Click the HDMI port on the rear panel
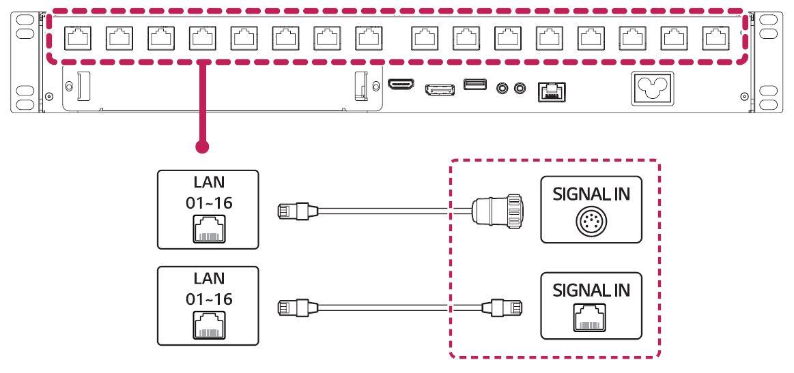[401, 85]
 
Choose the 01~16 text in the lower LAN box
[208, 299]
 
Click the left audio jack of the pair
[505, 87]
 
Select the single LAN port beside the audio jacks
[549, 89]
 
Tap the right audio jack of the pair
[522, 87]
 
